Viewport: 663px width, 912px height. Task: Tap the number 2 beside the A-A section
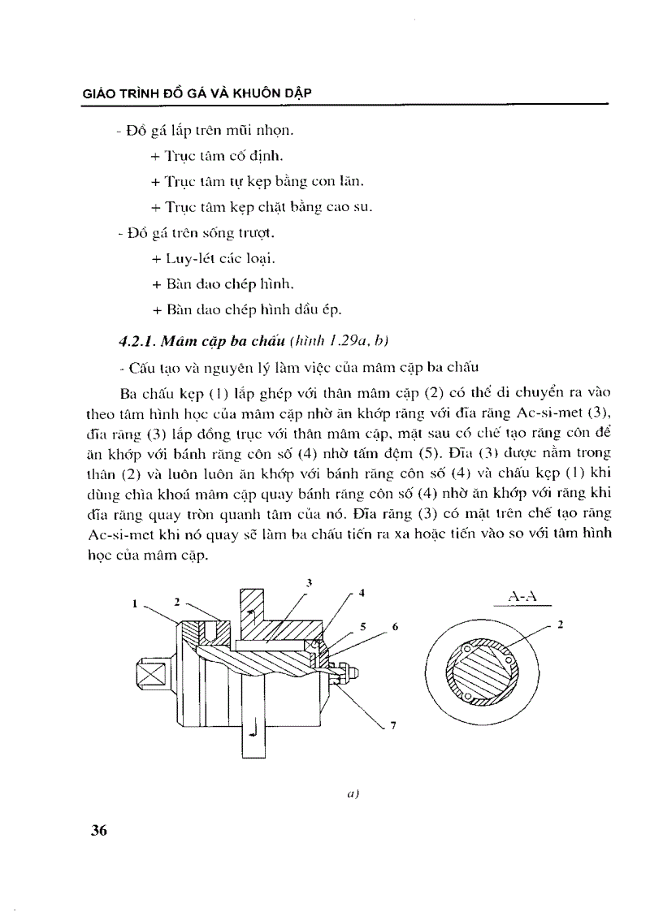coord(559,625)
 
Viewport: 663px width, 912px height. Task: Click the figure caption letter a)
coord(352,796)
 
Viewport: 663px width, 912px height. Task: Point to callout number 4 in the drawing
coord(360,593)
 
